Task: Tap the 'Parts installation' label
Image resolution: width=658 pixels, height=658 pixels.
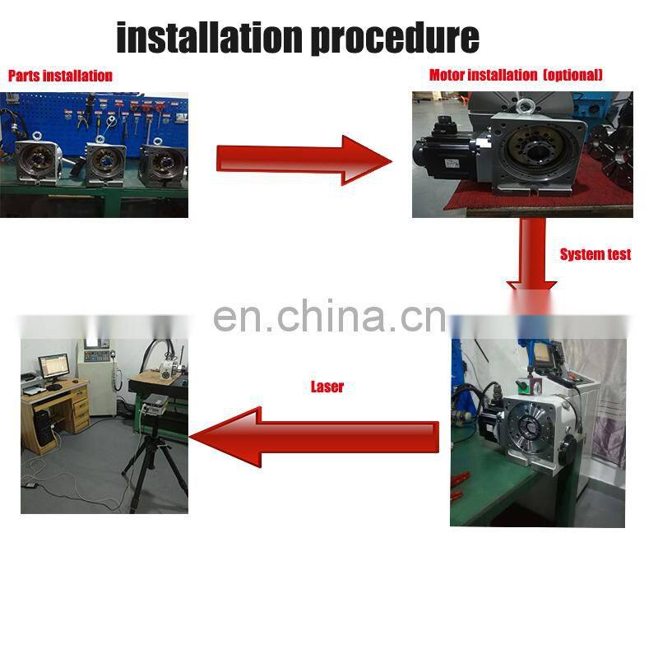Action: [60, 76]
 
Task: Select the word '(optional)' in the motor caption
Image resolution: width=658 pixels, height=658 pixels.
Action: [572, 75]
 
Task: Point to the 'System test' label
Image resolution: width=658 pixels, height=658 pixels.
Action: [595, 254]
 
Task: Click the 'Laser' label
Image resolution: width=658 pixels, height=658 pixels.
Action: [327, 386]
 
